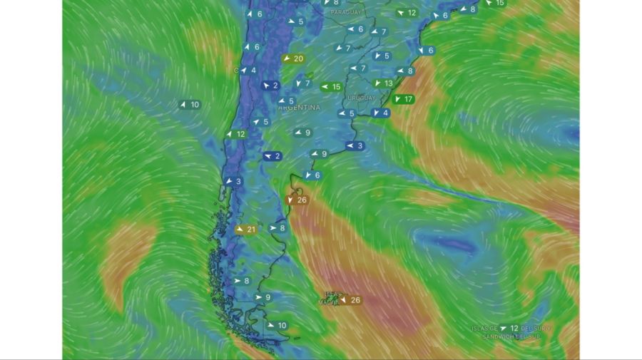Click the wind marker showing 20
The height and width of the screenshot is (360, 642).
tap(293, 58)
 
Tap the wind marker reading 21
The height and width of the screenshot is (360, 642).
tap(245, 230)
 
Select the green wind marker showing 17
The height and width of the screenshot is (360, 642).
tap(404, 99)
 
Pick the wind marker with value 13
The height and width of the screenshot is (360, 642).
tap(384, 83)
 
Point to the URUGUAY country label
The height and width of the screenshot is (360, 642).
tap(360, 98)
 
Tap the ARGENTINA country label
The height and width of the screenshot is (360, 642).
tap(299, 108)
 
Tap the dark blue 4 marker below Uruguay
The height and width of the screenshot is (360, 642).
tap(381, 113)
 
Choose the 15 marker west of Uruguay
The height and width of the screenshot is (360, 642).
tap(332, 87)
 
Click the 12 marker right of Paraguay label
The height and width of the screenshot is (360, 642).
tap(407, 13)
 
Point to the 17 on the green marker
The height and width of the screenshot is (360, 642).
tap(409, 99)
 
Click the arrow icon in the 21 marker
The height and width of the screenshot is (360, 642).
tap(239, 230)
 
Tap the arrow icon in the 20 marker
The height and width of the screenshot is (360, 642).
tap(287, 58)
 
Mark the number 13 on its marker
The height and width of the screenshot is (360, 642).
tap(389, 83)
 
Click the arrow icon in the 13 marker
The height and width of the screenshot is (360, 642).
tap(378, 83)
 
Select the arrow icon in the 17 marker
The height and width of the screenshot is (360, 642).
tap(397, 99)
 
